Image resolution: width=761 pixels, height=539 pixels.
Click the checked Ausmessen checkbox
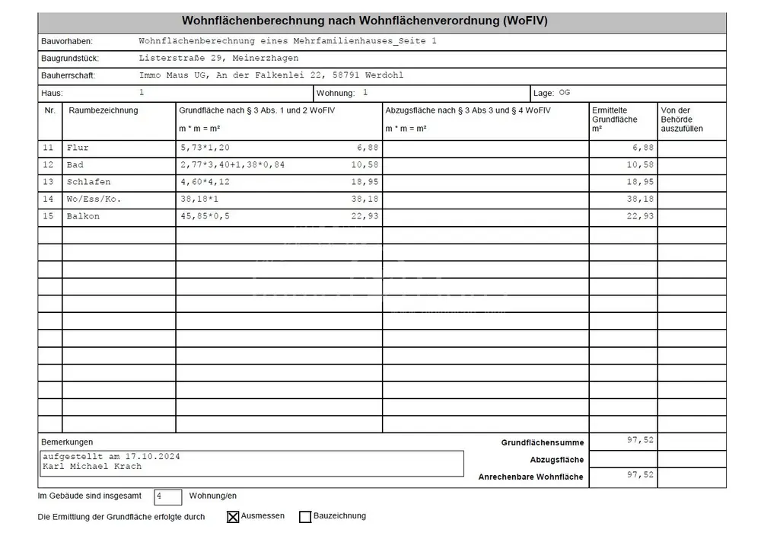point(233,517)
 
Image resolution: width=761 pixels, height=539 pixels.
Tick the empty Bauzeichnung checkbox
point(305,517)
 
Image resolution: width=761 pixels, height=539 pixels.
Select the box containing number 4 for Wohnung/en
point(167,496)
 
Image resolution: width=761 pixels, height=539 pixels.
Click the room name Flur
point(78,148)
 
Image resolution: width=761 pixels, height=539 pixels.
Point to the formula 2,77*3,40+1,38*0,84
point(232,165)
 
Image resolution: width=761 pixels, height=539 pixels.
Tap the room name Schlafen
point(88,182)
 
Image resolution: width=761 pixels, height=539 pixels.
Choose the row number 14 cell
point(49,199)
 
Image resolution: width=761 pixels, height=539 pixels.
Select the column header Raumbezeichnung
point(103,111)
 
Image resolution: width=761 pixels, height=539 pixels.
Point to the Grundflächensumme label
point(542,442)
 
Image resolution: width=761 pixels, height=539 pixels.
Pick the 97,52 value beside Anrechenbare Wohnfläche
point(640,474)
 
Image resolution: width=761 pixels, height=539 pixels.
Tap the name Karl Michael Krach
point(92,467)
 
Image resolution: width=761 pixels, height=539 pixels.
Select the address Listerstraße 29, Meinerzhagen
point(219,58)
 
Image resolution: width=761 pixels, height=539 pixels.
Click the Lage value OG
point(564,92)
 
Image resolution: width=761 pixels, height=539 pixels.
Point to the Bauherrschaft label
point(68,75)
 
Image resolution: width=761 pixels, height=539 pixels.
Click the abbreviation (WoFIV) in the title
point(525,21)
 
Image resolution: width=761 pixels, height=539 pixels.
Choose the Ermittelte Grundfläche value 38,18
point(640,199)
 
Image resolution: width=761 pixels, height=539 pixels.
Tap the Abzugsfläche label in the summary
point(557,460)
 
